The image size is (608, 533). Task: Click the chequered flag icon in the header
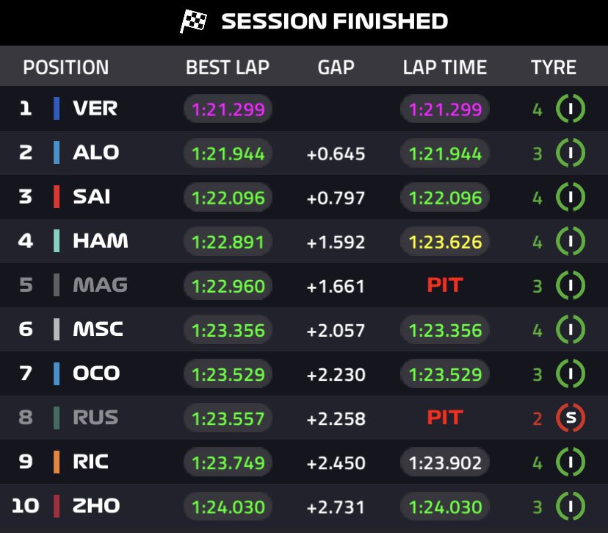pos(194,21)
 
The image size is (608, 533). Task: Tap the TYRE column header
pos(554,68)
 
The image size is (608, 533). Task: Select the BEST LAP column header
pos(228,68)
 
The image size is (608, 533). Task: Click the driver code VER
pos(95,109)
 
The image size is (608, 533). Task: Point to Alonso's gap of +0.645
pos(336,154)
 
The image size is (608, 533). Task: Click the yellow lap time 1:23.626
pos(445,242)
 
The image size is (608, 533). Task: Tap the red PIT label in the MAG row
pos(445,285)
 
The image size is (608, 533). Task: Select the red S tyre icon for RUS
pos(571,418)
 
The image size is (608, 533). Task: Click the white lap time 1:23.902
pos(445,463)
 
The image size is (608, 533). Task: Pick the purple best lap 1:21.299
pos(228,110)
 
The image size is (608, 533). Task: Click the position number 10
pos(25,506)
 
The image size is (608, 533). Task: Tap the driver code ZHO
pos(96,506)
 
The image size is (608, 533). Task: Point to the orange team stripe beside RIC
pos(57,462)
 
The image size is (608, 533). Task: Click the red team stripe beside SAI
pos(57,197)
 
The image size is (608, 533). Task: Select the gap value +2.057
pos(336,330)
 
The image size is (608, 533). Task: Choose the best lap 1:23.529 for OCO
pos(228,375)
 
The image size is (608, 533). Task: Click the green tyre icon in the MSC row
pos(571,330)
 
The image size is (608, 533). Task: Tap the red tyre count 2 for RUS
pos(538,419)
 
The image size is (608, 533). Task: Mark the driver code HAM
pos(101,241)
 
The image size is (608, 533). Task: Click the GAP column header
pos(336,68)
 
